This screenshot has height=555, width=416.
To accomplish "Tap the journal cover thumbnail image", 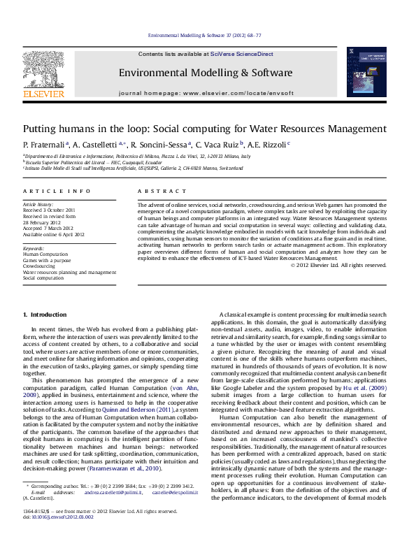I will pos(366,73).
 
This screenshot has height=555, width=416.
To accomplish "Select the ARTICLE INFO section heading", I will pos(47,190).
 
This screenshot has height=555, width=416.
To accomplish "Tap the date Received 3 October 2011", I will pos(50,210).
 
